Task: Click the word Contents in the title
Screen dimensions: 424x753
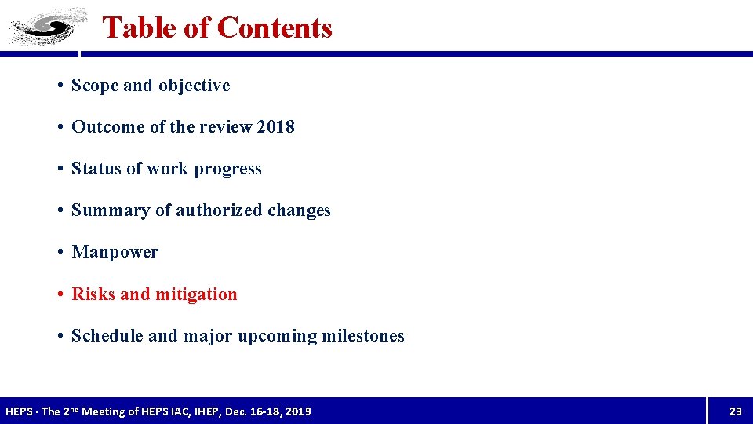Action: click(x=275, y=27)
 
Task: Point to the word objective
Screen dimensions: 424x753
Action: click(x=194, y=86)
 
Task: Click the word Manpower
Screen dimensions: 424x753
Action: click(x=115, y=252)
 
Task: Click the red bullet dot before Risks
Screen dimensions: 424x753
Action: click(x=60, y=294)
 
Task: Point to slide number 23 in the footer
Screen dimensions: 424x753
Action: click(x=735, y=411)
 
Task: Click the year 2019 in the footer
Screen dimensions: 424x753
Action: click(x=298, y=411)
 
